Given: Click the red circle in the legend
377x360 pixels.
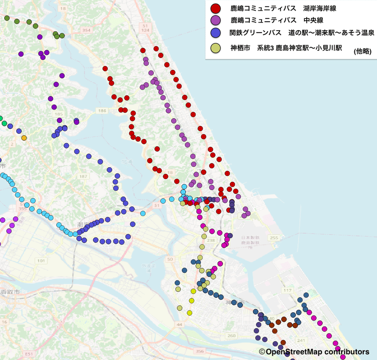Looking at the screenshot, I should click(x=216, y=8).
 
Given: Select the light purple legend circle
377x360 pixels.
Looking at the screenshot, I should click(x=216, y=20).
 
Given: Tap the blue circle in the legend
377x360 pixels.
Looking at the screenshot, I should click(x=216, y=33).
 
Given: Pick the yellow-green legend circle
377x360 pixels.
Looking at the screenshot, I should click(x=216, y=48).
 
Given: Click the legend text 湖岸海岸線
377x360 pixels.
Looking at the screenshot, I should click(x=323, y=8).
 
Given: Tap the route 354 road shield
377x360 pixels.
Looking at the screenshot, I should click(x=86, y=30).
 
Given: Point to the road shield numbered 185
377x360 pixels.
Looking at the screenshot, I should click(x=58, y=115).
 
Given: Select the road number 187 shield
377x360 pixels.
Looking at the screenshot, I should click(x=83, y=176).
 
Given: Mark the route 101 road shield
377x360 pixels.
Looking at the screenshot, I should click(x=41, y=261).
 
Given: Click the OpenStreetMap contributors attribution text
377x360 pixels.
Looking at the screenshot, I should click(x=314, y=352).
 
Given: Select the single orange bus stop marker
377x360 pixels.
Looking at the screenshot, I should click(x=24, y=138).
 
